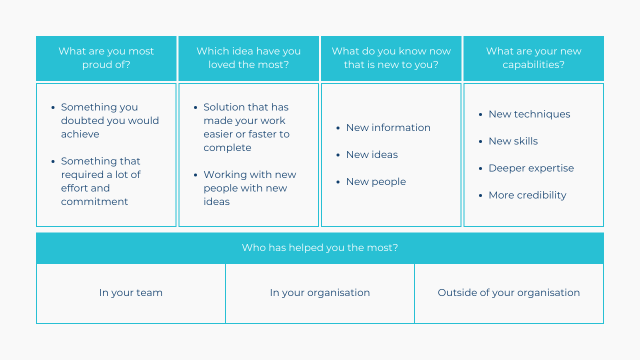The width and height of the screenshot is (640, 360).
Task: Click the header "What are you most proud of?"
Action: coord(106,58)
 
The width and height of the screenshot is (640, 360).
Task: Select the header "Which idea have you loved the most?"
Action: coord(248,58)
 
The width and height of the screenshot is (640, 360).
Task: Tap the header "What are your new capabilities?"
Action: coord(533,58)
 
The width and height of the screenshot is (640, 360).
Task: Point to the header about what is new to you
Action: coord(391,58)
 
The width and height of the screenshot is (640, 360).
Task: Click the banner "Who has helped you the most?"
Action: coord(320,247)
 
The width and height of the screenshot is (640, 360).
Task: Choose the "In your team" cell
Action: coord(131,293)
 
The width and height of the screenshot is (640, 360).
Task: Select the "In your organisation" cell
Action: coord(320,293)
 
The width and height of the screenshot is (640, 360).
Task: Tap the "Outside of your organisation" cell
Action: coord(509,293)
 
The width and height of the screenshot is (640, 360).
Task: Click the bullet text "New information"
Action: coord(388,127)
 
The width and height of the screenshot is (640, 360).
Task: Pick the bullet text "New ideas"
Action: coord(372,154)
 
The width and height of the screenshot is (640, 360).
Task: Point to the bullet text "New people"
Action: coord(376,182)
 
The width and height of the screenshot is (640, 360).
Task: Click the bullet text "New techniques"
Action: coord(529,114)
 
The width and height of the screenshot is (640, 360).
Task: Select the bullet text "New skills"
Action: coord(513,141)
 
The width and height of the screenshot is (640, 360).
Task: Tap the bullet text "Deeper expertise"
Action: coord(531,168)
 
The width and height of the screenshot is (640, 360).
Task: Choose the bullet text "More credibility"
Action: coord(527,195)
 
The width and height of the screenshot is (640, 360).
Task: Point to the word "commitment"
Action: coord(94,201)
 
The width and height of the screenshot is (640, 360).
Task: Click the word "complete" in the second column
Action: coord(227,148)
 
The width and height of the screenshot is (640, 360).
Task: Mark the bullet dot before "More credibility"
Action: coord(480,195)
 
